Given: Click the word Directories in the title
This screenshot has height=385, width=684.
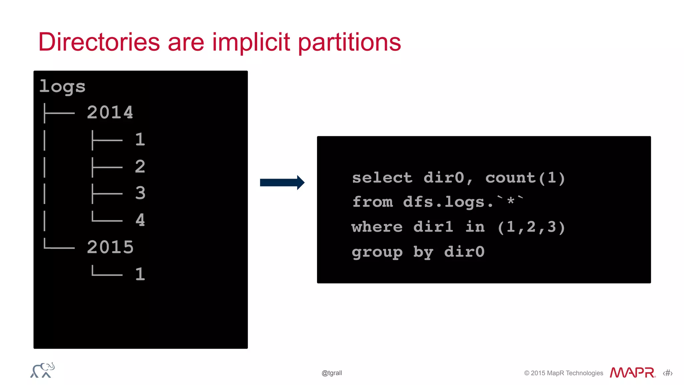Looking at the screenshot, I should click(99, 42).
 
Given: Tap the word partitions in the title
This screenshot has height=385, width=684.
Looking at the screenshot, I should click(349, 43).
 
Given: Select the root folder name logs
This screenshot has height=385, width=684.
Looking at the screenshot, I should click(62, 87).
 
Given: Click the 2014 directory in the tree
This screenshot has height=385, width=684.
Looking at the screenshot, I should click(110, 113).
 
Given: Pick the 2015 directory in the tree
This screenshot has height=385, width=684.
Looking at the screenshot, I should click(110, 247).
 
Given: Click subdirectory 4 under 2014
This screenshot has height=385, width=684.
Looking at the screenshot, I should click(140, 220).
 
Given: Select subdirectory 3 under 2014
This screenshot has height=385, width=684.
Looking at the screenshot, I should click(140, 193).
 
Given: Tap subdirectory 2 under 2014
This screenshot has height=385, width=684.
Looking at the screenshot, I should click(140, 166).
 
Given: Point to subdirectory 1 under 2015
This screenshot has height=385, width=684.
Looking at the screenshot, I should click(140, 274).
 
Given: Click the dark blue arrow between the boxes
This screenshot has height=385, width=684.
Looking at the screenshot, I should click(282, 183).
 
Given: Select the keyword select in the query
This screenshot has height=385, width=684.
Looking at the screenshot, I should click(382, 178).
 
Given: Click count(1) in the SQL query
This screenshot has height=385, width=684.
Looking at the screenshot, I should click(525, 178).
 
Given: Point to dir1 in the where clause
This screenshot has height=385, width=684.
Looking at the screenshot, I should click(433, 227).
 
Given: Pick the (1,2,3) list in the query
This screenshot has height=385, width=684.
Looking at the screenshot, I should click(531, 227).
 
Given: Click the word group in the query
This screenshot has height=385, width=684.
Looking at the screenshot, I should click(377, 252).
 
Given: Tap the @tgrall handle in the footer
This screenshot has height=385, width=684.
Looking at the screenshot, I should click(332, 373).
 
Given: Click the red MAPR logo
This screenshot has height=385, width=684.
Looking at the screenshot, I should click(632, 373).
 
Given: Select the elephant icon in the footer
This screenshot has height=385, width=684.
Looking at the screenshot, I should click(42, 370).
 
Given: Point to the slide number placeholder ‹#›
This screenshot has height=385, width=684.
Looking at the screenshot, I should click(668, 373).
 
